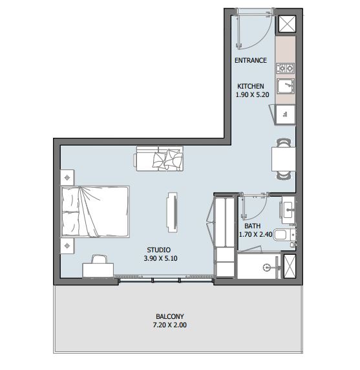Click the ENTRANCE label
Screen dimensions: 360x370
(251, 60)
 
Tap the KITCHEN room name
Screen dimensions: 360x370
(250, 86)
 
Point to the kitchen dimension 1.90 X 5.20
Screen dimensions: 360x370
(252, 94)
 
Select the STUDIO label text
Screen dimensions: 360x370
(158, 250)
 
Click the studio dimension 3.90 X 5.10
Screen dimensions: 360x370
(160, 258)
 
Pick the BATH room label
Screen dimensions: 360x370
(252, 226)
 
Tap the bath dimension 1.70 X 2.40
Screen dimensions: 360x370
(255, 234)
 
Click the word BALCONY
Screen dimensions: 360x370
(170, 316)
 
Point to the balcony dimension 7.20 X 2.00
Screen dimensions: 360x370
(170, 325)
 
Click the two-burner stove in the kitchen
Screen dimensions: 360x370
(285, 69)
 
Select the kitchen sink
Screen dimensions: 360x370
(286, 86)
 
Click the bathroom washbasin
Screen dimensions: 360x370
(288, 210)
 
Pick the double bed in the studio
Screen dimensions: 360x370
(95, 212)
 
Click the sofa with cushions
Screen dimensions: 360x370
(160, 158)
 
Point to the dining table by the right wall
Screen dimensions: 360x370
(284, 159)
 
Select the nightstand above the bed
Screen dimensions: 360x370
(67, 177)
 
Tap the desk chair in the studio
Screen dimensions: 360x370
(99, 259)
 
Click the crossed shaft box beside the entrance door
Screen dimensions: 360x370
(287, 23)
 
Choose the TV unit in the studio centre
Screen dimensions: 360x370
(172, 212)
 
